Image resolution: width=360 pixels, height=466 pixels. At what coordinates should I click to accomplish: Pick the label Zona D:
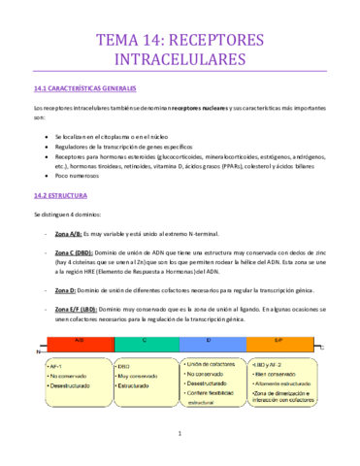pos(65,290)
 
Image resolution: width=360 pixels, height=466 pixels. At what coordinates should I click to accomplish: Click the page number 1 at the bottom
pos(180,433)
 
